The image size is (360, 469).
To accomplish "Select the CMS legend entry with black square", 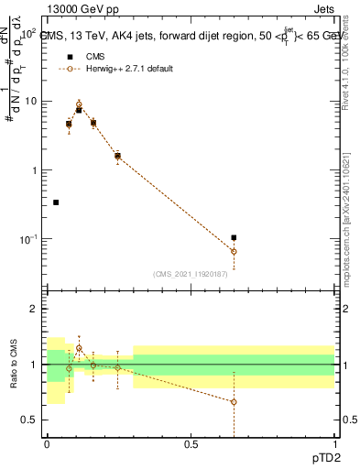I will click(x=69, y=57).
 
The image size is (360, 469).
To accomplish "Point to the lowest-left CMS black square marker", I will click(x=56, y=202).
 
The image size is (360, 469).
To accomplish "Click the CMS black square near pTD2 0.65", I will click(x=234, y=238).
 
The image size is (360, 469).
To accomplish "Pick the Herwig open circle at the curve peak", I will click(x=79, y=104).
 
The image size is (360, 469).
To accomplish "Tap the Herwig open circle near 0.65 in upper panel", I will click(x=234, y=251).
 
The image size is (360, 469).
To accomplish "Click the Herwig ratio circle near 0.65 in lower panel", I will click(x=234, y=402).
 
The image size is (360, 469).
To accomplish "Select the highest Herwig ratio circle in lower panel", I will click(x=79, y=348).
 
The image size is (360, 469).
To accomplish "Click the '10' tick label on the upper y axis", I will click(x=29, y=102).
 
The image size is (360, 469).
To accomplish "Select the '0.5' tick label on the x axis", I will click(x=191, y=444).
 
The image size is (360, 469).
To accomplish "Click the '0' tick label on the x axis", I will click(x=47, y=444).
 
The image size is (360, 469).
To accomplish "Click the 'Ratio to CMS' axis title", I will click(x=14, y=365).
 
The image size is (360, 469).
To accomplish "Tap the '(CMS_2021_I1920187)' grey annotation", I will click(x=191, y=273).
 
